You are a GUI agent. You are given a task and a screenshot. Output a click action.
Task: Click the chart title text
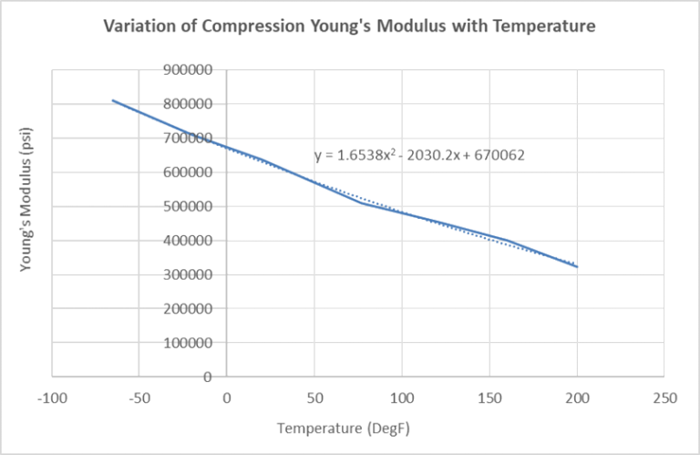(x=350, y=27)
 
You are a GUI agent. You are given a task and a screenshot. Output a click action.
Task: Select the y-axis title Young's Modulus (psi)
(x=27, y=222)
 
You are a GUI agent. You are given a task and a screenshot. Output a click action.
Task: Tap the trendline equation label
(x=419, y=156)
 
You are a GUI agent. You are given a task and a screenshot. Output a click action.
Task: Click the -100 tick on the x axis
(x=52, y=398)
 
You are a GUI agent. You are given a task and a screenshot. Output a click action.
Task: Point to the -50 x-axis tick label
(x=139, y=398)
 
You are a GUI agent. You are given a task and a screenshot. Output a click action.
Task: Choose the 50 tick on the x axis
(x=314, y=398)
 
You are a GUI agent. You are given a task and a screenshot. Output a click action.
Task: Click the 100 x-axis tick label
(x=402, y=398)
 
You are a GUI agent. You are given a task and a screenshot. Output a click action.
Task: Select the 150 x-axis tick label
(x=489, y=398)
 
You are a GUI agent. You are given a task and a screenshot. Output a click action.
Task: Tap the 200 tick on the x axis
(x=577, y=398)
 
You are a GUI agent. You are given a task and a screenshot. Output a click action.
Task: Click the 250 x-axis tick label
(x=664, y=398)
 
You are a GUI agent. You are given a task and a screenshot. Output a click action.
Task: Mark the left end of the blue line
(x=113, y=100)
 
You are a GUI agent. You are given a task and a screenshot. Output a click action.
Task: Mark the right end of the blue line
(x=577, y=267)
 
